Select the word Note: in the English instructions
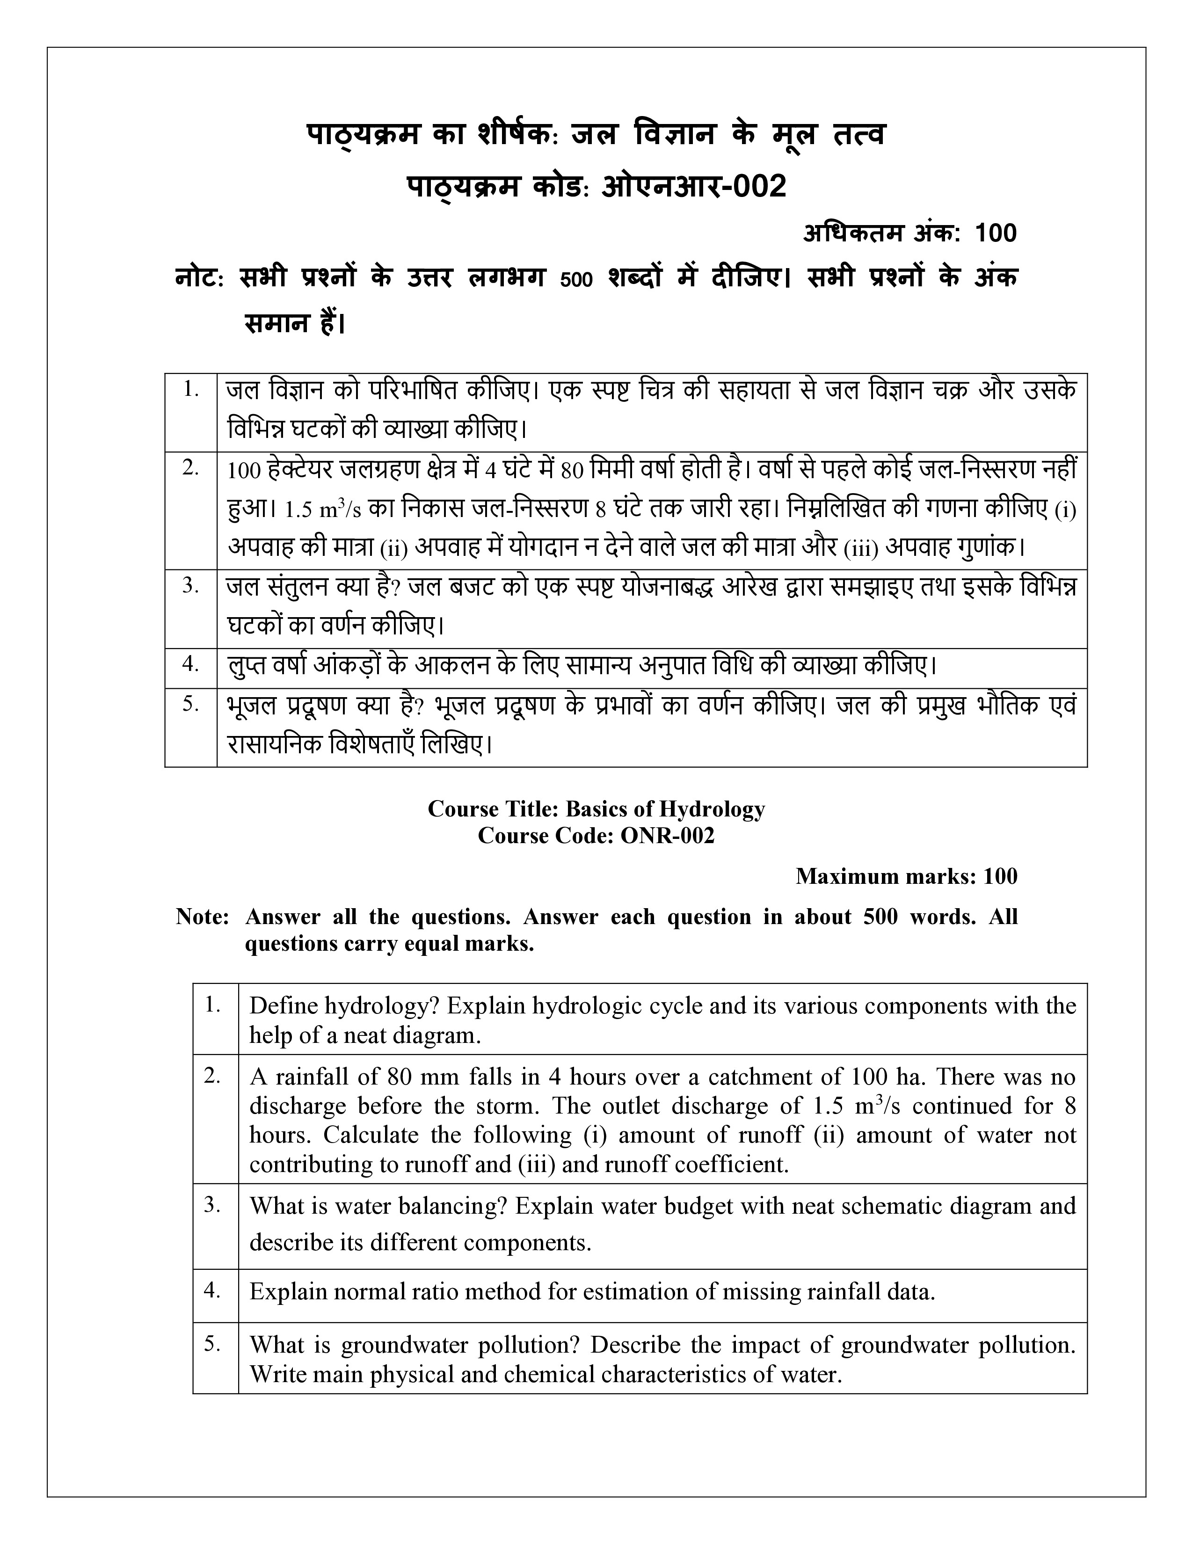pyautogui.click(x=202, y=917)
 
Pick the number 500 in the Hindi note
pyautogui.click(x=575, y=279)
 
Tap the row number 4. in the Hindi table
pyautogui.click(x=190, y=664)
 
